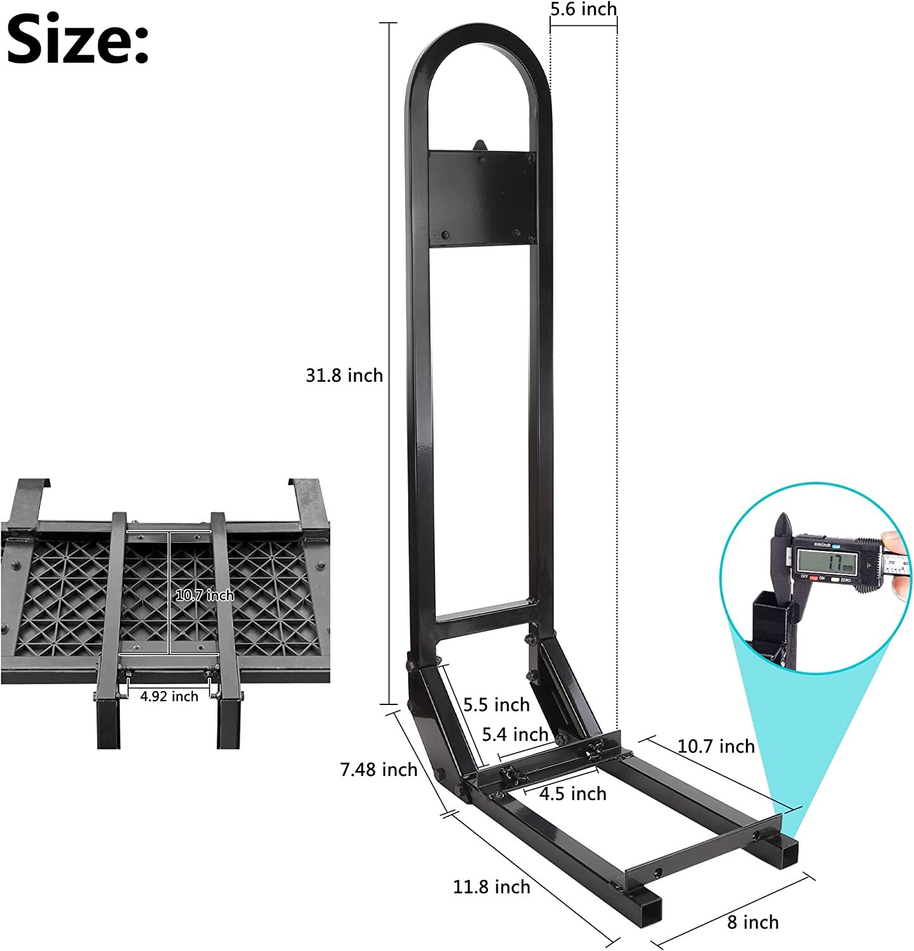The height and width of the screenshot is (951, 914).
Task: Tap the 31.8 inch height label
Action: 344,375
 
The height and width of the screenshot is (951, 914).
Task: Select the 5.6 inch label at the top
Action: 583,10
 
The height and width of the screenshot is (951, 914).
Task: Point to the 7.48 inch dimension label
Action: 378,770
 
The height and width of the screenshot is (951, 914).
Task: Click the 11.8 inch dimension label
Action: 491,886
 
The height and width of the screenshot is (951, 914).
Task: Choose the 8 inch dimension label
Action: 752,922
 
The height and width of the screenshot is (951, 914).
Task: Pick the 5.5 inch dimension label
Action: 496,704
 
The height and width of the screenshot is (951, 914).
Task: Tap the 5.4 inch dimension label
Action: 515,734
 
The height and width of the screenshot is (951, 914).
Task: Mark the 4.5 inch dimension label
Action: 573,793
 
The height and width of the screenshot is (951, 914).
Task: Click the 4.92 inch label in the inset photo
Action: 169,696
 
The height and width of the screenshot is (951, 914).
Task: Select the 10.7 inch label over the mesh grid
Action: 204,595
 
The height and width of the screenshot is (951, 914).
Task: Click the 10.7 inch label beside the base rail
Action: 716,746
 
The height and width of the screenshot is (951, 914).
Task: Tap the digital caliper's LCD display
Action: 827,561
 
